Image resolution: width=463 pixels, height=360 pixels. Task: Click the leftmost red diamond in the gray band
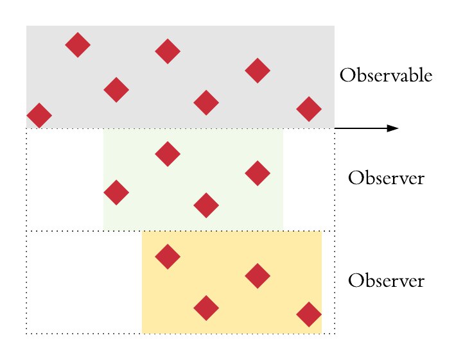[39, 116]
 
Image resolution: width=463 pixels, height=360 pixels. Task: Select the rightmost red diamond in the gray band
[309, 109]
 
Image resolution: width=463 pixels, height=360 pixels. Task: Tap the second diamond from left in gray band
[78, 45]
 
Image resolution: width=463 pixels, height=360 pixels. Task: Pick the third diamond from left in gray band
[116, 90]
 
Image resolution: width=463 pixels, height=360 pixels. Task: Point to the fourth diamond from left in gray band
[168, 51]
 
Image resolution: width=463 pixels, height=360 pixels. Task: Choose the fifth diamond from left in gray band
[206, 103]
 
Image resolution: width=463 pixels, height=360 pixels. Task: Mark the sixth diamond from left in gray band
[258, 71]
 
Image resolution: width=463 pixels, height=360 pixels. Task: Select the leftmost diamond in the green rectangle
[116, 193]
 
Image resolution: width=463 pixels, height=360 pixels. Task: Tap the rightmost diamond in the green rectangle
[258, 173]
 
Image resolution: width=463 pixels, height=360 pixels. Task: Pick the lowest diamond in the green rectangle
[206, 205]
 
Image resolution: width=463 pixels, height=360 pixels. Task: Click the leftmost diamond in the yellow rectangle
[168, 257]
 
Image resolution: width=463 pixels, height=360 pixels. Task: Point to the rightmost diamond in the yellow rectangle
[309, 314]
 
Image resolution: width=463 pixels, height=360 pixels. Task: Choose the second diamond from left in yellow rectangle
[206, 308]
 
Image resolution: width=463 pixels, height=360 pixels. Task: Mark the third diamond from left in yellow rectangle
[258, 276]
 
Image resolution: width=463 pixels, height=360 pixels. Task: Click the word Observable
[385, 76]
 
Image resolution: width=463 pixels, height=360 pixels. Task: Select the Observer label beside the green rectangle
[386, 178]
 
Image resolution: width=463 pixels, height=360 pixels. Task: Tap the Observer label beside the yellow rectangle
[386, 281]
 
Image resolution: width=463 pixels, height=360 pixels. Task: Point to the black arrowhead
[392, 128]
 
